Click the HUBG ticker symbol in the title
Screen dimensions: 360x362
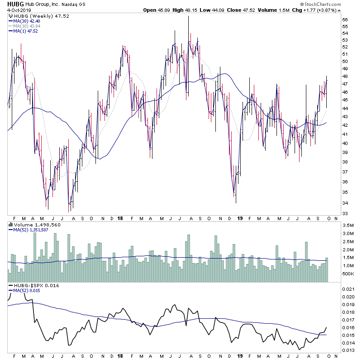tap(15, 4)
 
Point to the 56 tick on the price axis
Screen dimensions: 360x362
tap(345, 20)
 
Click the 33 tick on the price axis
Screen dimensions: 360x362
tap(345, 213)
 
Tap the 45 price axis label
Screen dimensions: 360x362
tap(345, 101)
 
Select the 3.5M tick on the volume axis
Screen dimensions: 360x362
tap(348, 225)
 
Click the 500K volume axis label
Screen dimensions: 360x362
tap(348, 274)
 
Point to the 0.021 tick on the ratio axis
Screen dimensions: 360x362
tap(348, 289)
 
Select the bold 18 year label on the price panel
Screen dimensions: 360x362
tap(120, 218)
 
